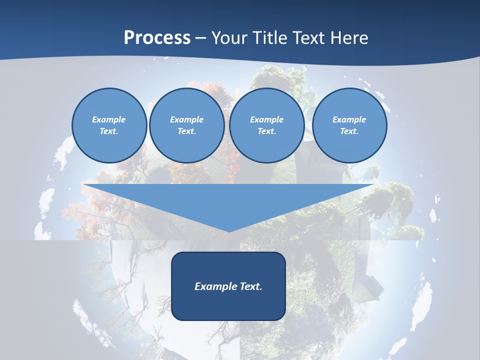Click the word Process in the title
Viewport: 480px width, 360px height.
click(x=157, y=38)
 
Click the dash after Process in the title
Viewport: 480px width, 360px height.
click(x=201, y=38)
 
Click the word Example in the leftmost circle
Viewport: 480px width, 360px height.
click(x=109, y=119)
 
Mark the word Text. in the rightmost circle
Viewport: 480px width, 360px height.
click(x=349, y=131)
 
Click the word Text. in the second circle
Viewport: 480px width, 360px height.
click(x=186, y=131)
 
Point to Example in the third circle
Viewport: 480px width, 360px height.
click(x=266, y=119)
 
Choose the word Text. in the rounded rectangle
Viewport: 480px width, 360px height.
click(x=250, y=286)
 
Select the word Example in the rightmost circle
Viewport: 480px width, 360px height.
click(x=349, y=119)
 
